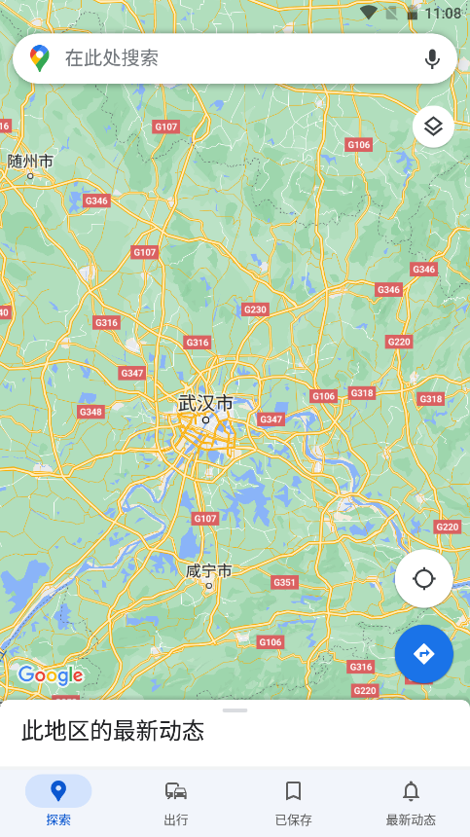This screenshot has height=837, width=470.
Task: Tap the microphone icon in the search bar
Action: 432,58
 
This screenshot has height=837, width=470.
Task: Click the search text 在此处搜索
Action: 112,58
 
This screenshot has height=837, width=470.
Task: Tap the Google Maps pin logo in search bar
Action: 40,58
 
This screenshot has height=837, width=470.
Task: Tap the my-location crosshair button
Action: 423,579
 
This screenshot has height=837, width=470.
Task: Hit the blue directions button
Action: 423,653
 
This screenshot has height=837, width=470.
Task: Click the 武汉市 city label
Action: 205,403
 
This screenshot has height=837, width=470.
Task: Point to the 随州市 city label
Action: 30,161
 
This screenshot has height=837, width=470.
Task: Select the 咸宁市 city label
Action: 208,571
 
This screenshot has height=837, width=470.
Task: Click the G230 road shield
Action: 254,309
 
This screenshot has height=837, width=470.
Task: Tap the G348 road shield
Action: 90,412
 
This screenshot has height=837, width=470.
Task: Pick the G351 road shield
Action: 284,582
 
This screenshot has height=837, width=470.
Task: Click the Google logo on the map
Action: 51,674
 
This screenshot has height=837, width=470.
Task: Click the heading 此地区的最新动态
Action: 113,731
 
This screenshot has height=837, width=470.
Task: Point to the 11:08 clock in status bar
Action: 443,13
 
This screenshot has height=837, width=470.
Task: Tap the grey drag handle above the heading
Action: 235,710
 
